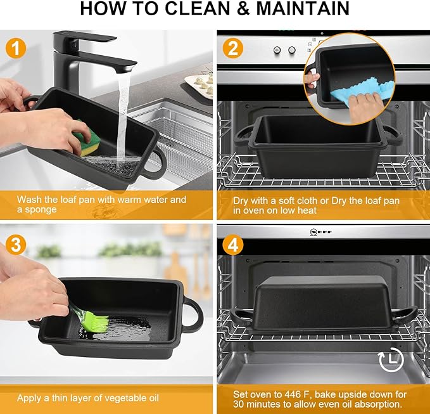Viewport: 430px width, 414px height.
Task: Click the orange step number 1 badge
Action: point(16,48)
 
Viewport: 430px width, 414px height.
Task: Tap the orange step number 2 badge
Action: point(233,48)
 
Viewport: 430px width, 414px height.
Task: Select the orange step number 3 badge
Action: point(16,244)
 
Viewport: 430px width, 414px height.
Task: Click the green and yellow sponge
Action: point(85,139)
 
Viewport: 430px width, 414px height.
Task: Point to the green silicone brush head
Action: point(96,321)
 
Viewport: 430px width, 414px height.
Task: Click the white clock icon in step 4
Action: point(391,359)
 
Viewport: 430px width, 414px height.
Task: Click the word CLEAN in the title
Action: point(198,8)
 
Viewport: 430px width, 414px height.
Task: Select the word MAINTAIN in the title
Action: point(303,8)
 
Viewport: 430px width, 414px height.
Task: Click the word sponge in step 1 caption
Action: point(41,210)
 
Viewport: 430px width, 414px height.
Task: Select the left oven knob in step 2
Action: point(277,50)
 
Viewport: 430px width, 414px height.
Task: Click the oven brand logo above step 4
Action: point(321,232)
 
